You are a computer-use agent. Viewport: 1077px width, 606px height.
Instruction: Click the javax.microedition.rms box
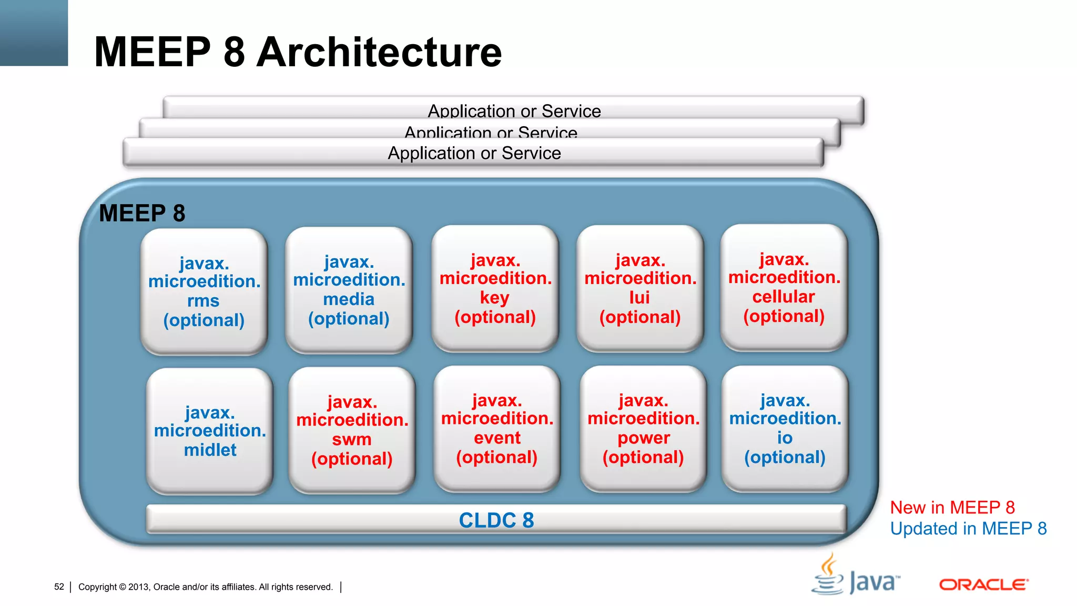coord(204,291)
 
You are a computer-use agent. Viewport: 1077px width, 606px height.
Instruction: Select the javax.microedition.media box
coord(349,290)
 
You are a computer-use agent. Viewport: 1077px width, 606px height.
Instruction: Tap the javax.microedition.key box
coord(495,288)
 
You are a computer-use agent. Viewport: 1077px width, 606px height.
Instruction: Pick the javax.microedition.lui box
coord(640,288)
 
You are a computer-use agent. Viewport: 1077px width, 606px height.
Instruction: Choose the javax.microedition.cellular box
coord(784,288)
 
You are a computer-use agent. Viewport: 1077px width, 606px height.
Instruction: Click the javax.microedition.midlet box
coord(210,431)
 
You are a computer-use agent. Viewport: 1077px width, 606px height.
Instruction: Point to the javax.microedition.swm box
coord(352,430)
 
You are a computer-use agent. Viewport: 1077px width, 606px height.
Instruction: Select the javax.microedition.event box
coord(497,429)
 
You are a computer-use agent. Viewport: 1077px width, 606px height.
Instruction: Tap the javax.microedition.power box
coord(643,429)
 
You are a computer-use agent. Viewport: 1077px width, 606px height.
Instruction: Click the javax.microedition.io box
coord(785,429)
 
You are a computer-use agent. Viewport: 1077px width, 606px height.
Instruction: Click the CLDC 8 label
coord(496,520)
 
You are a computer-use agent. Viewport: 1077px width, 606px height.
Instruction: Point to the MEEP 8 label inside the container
coord(142,213)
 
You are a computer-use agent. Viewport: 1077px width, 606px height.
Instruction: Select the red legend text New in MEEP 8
coord(952,507)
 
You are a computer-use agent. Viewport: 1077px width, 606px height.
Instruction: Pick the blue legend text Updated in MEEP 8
coord(968,528)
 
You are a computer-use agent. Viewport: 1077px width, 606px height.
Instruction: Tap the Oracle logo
coord(983,584)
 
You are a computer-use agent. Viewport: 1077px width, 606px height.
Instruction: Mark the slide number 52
coord(59,587)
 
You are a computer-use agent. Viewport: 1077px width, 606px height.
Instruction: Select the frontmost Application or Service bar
coord(474,153)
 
